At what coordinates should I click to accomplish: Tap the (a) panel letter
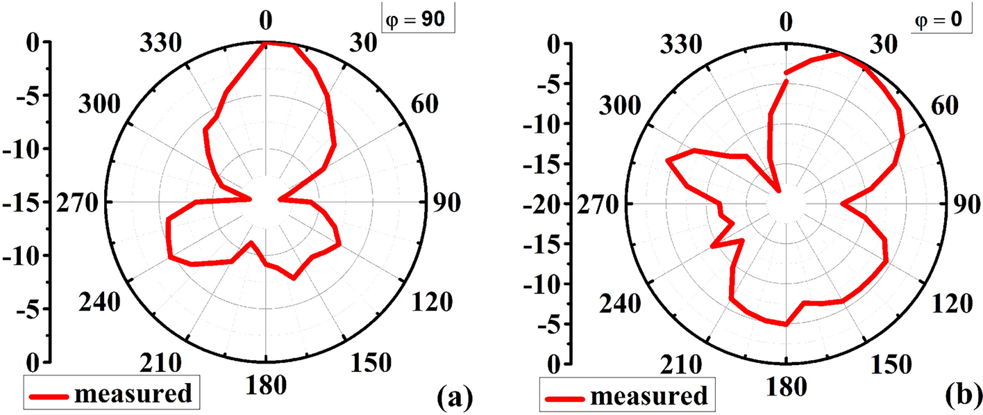455,397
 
